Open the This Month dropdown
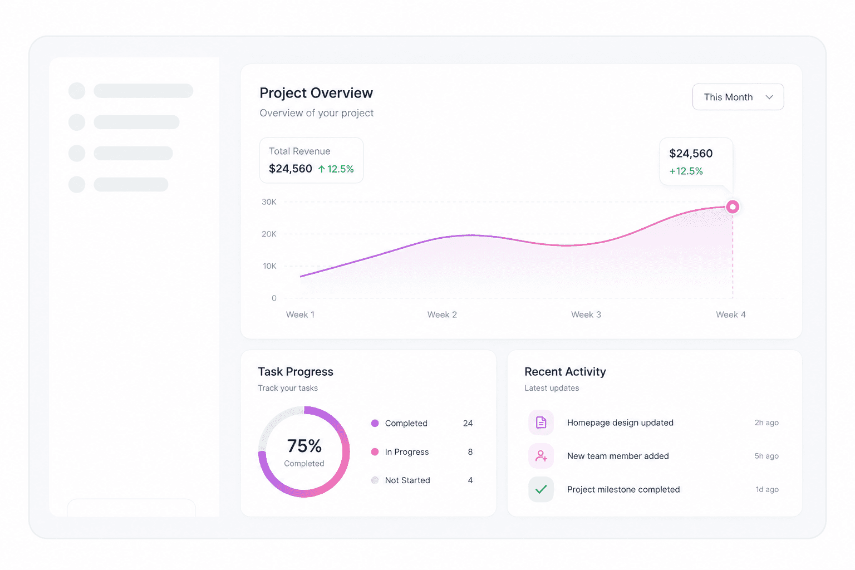pyautogui.click(x=738, y=97)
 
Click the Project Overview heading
pyautogui.click(x=316, y=93)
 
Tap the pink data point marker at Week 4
pyautogui.click(x=732, y=207)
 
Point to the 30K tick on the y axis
pyautogui.click(x=269, y=202)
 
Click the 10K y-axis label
pyautogui.click(x=269, y=266)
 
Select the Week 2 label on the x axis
pyautogui.click(x=442, y=315)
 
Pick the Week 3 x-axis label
pyautogui.click(x=586, y=315)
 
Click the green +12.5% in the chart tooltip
pyautogui.click(x=686, y=171)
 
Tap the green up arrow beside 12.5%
pyautogui.click(x=322, y=169)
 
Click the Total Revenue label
pyautogui.click(x=299, y=151)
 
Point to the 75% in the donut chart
pyautogui.click(x=304, y=445)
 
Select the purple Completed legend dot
pyautogui.click(x=375, y=423)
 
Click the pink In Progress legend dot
pyautogui.click(x=375, y=451)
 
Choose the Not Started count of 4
pyautogui.click(x=470, y=480)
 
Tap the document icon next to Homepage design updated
pyautogui.click(x=541, y=422)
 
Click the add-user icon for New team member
pyautogui.click(x=541, y=456)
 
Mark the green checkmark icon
pyautogui.click(x=541, y=489)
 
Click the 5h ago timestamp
pyautogui.click(x=766, y=456)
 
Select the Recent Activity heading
pyautogui.click(x=565, y=371)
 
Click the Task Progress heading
pyautogui.click(x=296, y=371)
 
